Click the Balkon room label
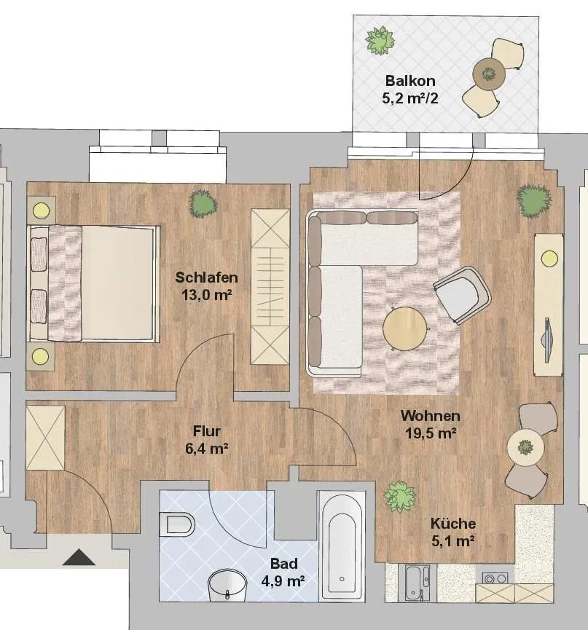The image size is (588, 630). point(410,81)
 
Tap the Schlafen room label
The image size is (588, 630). point(207,277)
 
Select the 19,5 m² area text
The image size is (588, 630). point(431,433)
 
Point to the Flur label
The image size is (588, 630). point(207,431)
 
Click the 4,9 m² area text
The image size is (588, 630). point(283,581)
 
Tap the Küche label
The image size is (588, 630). point(453,524)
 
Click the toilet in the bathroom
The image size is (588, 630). point(177,524)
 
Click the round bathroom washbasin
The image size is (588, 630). point(227,585)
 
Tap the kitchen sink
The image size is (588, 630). point(418,583)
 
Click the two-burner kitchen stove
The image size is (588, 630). point(495,578)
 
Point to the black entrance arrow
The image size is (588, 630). point(79,557)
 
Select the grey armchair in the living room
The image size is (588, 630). point(463,294)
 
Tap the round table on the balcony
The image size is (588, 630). point(489,74)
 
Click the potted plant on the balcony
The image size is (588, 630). point(380,40)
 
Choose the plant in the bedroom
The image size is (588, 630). point(203,204)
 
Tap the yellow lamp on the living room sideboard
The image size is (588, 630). point(549,257)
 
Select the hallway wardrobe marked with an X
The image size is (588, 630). point(45,438)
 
